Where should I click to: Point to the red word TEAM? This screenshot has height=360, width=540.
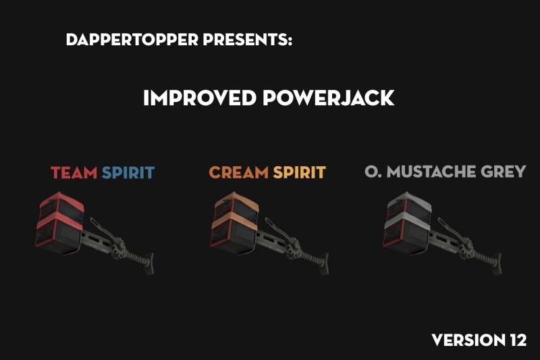tap(74, 172)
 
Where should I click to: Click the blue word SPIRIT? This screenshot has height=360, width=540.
tap(128, 172)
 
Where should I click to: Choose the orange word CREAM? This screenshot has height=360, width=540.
tap(238, 172)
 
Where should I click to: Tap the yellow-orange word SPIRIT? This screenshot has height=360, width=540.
tap(299, 172)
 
